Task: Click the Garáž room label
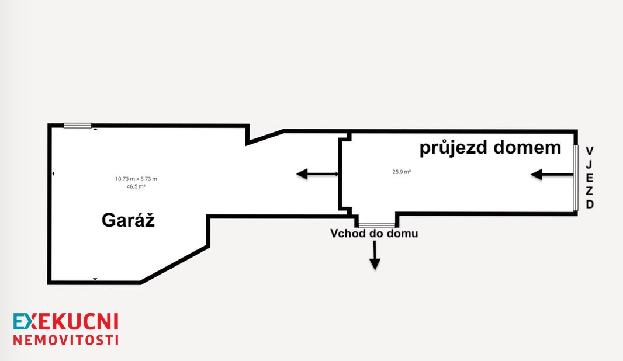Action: click(x=128, y=220)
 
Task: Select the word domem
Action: click(x=527, y=147)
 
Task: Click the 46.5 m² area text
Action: click(x=136, y=186)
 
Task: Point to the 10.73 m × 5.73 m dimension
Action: click(x=136, y=179)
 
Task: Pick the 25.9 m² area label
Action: click(x=402, y=172)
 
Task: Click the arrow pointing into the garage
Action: click(x=317, y=173)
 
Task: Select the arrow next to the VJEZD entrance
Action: click(x=552, y=174)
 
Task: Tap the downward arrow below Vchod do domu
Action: click(x=375, y=255)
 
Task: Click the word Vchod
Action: click(x=348, y=233)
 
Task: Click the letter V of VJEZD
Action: click(x=590, y=151)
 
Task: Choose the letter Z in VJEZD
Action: click(x=590, y=190)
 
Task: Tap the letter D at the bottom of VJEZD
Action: click(x=590, y=204)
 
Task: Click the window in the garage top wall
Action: click(x=78, y=126)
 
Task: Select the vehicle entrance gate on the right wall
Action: click(x=575, y=178)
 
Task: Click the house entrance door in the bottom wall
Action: click(x=377, y=225)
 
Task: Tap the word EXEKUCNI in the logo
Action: click(x=66, y=322)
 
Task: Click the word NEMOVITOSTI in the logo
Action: click(x=66, y=341)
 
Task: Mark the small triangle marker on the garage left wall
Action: click(x=53, y=173)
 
